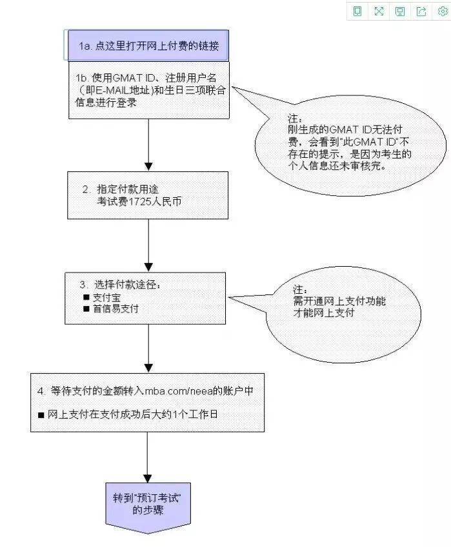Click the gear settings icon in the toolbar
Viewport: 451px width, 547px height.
point(443,11)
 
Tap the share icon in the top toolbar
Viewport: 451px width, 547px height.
point(421,11)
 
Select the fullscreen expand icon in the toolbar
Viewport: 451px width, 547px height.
point(379,11)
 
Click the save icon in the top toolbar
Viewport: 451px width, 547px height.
point(400,11)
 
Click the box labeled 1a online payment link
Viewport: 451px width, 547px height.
point(148,46)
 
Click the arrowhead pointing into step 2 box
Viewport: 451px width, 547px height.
point(148,166)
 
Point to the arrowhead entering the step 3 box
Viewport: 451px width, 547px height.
point(148,267)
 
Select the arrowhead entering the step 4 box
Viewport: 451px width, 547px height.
point(148,368)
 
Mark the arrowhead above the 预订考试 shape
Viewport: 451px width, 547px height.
point(147,478)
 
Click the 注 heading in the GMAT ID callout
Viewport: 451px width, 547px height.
point(295,119)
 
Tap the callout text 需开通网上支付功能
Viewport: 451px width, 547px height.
point(339,301)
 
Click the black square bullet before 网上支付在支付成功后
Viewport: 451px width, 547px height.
point(41,415)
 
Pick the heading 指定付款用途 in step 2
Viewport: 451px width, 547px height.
point(128,189)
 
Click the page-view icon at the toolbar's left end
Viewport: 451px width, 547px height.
point(357,11)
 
